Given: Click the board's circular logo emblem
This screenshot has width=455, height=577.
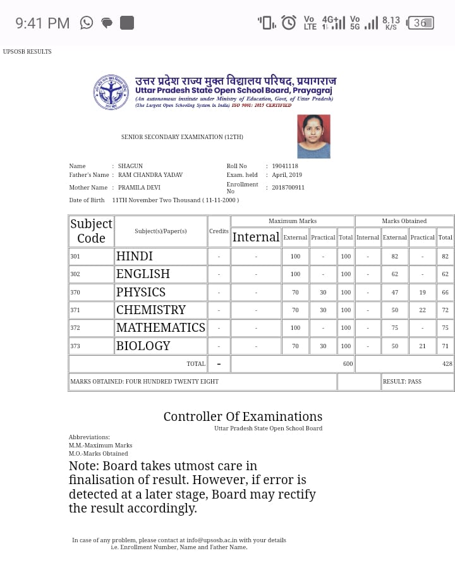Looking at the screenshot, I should tap(111, 92).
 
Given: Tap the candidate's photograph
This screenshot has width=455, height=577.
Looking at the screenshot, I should tap(313, 137).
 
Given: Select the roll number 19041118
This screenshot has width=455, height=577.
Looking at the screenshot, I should tap(285, 166).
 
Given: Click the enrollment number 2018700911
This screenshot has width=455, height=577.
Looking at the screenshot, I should tap(288, 188).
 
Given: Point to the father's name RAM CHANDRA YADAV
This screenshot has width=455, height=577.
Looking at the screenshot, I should tap(150, 175).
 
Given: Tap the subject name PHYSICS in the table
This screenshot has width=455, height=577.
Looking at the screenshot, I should tap(140, 292).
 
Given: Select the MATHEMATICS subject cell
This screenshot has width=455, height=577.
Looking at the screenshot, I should tap(161, 327).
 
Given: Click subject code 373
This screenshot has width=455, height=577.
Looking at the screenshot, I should tap(76, 346).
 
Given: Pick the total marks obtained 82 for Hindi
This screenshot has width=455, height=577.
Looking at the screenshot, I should tap(445, 257).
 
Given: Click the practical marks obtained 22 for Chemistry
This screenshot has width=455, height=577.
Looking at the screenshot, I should tap(422, 310).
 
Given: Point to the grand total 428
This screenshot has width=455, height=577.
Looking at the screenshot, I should tap(447, 364).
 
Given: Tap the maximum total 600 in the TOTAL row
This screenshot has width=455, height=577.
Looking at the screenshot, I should tap(348, 364).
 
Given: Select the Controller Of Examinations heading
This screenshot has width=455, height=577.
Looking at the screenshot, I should tap(243, 416).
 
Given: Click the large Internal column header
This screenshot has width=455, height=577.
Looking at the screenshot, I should tap(256, 237).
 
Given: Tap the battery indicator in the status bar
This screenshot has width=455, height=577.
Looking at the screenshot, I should tap(421, 23).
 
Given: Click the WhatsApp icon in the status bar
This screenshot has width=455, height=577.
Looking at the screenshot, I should tap(87, 23).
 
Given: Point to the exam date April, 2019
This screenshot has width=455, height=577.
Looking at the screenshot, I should tap(287, 175).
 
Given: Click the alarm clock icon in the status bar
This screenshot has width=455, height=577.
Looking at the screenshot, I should tap(289, 23).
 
